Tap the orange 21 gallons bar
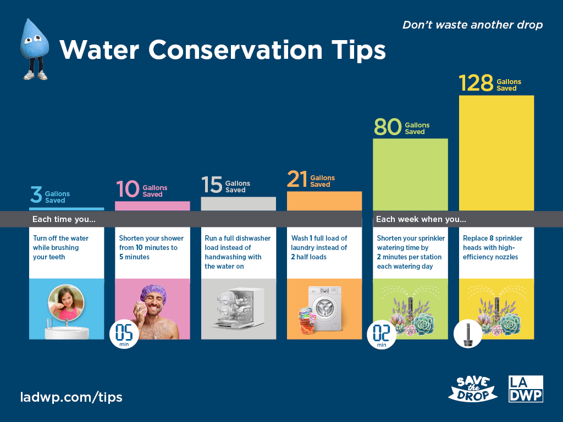[x=324, y=201]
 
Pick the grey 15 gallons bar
[x=238, y=203]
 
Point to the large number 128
[x=476, y=84]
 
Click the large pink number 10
[x=128, y=189]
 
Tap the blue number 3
[x=36, y=195]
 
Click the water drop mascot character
[x=34, y=47]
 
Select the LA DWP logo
[x=526, y=388]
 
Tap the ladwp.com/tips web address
[x=71, y=397]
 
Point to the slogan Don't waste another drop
[x=472, y=25]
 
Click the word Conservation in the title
[x=235, y=50]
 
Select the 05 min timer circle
[x=124, y=334]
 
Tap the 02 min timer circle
[x=382, y=334]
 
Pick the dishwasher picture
[x=239, y=309]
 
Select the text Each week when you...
[x=421, y=219]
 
